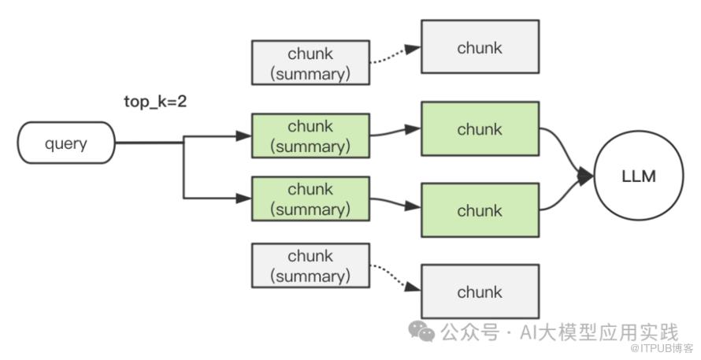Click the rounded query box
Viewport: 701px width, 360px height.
click(66, 143)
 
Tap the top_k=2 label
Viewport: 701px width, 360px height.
click(154, 102)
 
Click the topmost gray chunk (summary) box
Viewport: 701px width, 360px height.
click(310, 64)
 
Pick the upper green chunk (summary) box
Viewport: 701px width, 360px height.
click(310, 135)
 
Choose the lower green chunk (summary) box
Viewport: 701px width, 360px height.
click(310, 199)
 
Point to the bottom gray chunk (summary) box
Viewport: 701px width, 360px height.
click(310, 265)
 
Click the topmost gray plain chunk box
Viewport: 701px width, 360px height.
click(480, 47)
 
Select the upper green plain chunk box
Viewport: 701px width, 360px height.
click(480, 128)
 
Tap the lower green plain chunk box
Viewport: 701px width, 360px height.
click(480, 210)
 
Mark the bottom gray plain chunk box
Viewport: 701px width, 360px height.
click(480, 291)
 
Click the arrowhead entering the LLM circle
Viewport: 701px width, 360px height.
click(585, 177)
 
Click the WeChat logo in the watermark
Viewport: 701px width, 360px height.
click(425, 332)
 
